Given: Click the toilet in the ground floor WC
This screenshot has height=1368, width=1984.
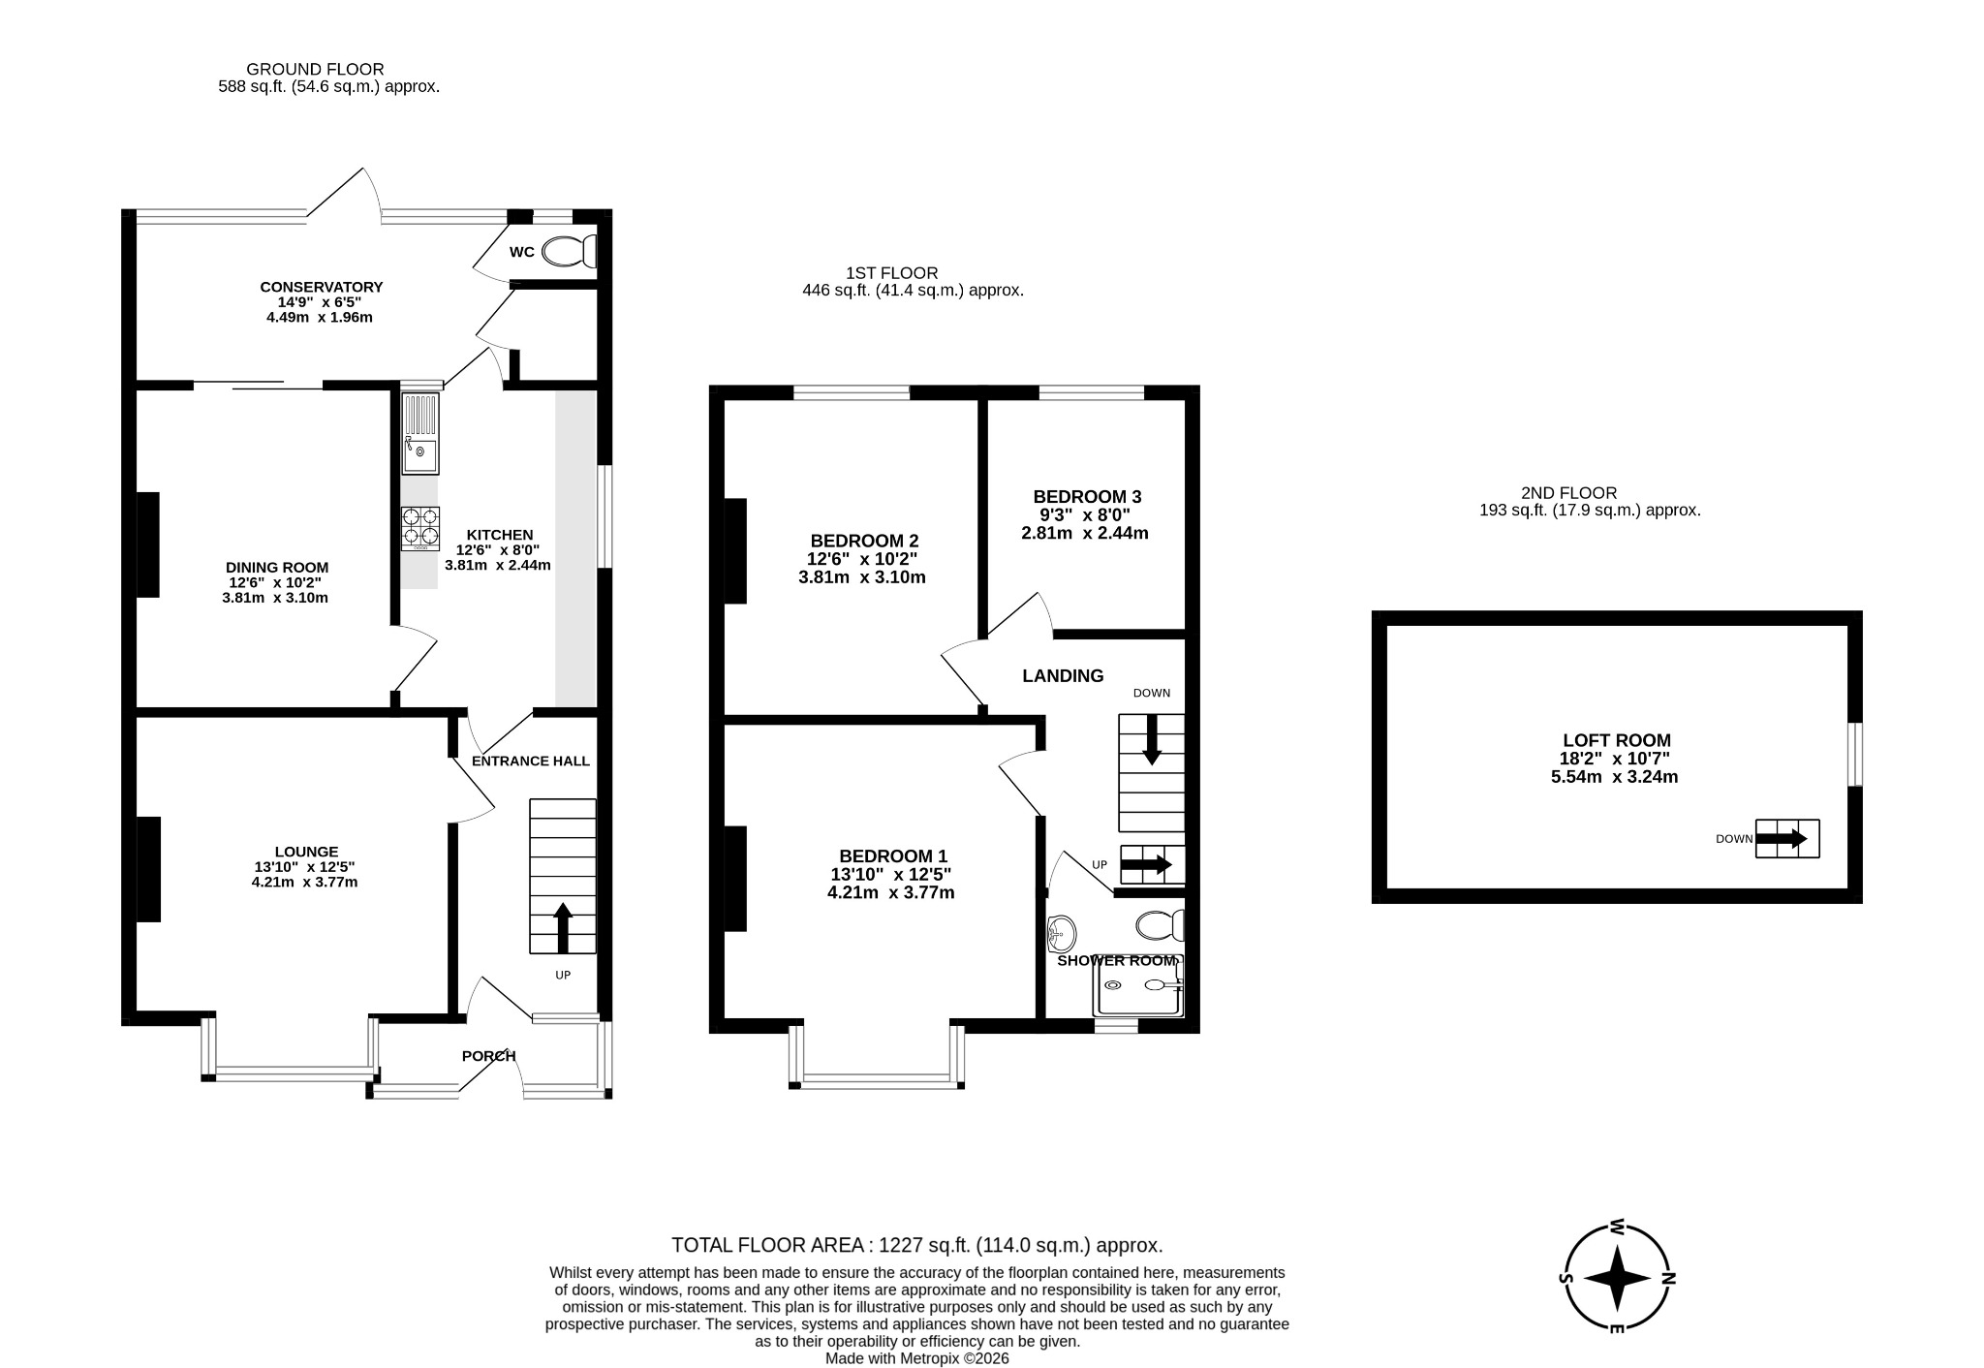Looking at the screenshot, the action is [569, 252].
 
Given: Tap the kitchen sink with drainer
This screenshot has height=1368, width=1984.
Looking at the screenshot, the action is [420, 434].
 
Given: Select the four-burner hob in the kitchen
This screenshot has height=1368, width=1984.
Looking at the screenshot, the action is [420, 529].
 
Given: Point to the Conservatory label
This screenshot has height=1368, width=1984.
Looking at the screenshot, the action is [321, 287].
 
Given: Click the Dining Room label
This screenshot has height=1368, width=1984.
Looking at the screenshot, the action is [276, 568].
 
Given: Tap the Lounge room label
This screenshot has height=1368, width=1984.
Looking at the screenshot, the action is [306, 852].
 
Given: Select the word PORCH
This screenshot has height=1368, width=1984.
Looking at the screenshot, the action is [488, 1056].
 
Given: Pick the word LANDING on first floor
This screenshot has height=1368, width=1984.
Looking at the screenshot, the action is [1063, 676].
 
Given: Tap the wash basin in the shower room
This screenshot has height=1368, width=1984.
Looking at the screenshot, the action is [1062, 934].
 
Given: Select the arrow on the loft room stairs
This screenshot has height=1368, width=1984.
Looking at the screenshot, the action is [1782, 839].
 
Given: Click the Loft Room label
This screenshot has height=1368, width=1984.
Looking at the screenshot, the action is [1617, 741].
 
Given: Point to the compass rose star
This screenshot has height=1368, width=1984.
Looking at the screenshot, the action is [1617, 1278].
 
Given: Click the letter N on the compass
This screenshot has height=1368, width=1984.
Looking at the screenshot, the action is [1667, 1278].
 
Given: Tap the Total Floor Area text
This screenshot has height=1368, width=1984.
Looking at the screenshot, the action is [916, 1246].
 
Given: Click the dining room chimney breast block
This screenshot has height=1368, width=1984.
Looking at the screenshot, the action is [147, 545].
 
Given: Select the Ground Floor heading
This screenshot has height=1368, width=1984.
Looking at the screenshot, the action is [315, 70].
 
